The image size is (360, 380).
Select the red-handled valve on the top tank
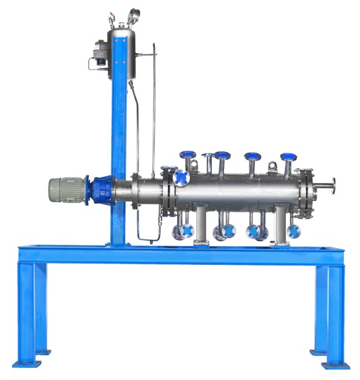pos(112,13)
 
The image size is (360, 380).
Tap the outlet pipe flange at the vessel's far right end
pos(332,184)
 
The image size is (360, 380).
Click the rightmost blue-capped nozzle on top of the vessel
pos(289,158)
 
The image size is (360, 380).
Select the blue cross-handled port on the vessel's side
pos(180,178)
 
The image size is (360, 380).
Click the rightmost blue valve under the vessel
pos(294,232)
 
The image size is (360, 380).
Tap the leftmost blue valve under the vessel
pos(180,233)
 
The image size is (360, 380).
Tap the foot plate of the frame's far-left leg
pos(28,364)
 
